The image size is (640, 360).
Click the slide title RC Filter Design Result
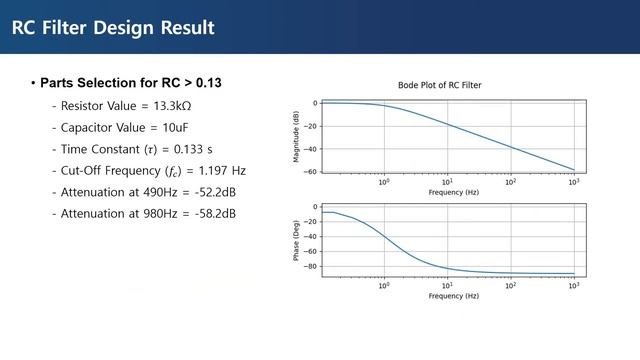click(x=113, y=27)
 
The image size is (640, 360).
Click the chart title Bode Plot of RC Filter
click(x=440, y=85)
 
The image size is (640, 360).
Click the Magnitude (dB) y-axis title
click(x=297, y=137)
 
